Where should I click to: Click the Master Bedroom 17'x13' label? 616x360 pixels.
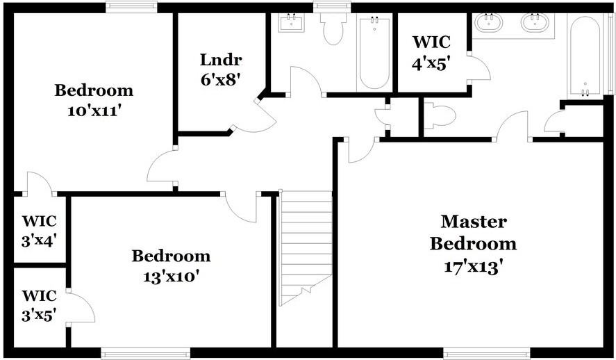point(473,243)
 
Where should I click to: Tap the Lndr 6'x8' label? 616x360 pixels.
point(220,69)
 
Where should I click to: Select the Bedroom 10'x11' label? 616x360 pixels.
point(94,100)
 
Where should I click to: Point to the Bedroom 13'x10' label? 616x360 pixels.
point(171,266)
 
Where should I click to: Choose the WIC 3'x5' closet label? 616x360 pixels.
point(39,305)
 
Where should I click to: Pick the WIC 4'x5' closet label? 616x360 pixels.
point(431,52)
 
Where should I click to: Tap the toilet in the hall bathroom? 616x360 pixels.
point(333,28)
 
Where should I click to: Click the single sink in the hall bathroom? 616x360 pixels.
point(290,22)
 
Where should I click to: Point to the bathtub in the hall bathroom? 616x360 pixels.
point(374,53)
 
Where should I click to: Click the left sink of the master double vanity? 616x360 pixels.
point(490,22)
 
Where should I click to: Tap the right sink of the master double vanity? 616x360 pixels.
point(535,22)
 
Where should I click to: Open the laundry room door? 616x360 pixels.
point(251,118)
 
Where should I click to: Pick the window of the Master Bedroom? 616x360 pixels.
point(485,352)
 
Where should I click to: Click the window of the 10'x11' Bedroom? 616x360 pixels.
point(130,7)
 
